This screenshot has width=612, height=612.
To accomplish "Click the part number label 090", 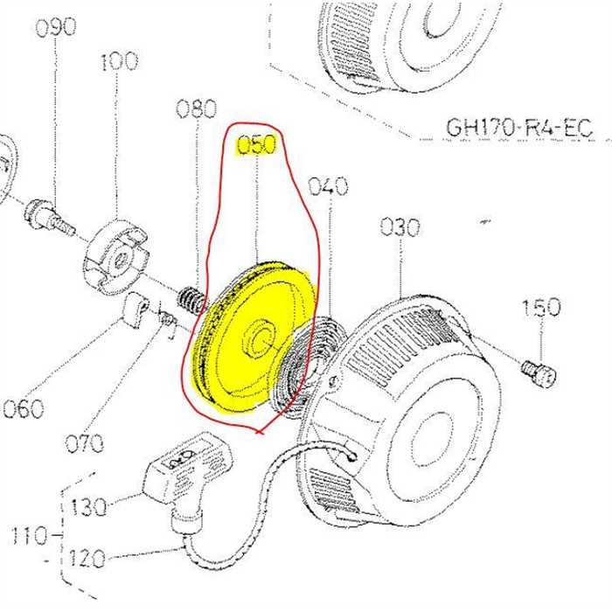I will (x=55, y=27).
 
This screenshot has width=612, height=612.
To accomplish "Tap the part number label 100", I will (x=118, y=61).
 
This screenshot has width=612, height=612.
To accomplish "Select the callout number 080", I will (x=196, y=109).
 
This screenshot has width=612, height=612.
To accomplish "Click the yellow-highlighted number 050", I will (x=257, y=145).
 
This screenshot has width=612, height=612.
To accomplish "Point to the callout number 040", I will (x=328, y=186).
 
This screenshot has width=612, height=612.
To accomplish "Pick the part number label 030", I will (x=400, y=228).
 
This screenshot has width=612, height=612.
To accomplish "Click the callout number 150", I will (x=541, y=308).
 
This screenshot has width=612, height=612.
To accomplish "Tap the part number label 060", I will (x=23, y=408).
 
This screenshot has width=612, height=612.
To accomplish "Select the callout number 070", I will (x=84, y=442).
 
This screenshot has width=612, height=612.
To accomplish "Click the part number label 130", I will (x=89, y=507).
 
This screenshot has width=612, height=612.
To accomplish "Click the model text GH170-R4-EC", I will (x=518, y=128).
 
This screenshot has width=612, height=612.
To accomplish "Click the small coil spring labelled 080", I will (x=191, y=303).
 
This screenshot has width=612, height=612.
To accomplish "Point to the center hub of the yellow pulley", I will (x=259, y=339).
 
